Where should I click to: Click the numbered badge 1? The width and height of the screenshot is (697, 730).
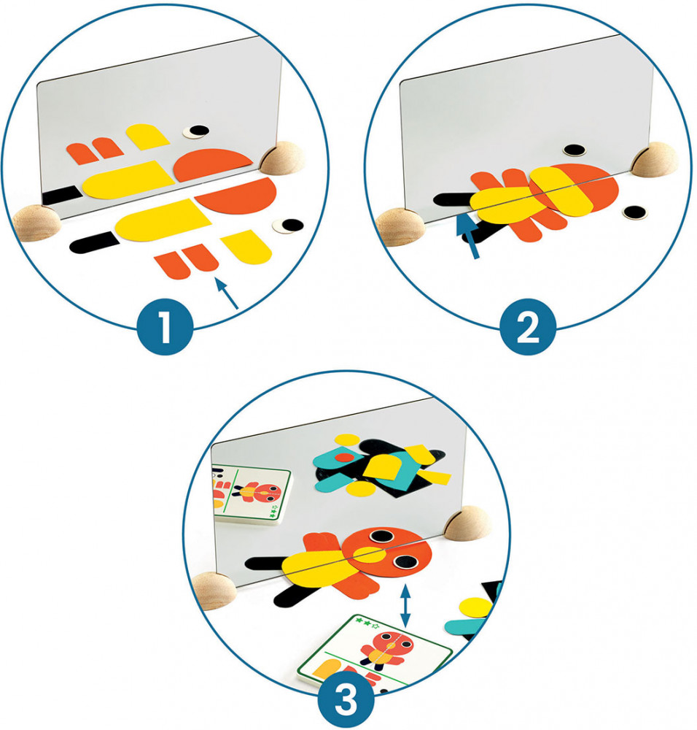pos(165,326)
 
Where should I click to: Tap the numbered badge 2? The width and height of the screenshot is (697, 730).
pos(528,326)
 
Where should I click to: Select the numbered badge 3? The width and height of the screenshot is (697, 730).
pos(346,700)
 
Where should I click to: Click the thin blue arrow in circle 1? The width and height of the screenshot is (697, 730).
pos(226,293)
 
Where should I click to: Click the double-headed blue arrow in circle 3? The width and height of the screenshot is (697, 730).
pos(405,606)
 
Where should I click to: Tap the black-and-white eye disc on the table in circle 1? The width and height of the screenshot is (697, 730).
pos(289,226)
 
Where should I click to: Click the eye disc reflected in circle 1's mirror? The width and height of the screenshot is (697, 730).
pos(195,131)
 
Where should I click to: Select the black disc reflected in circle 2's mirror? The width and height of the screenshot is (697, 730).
pos(575,150)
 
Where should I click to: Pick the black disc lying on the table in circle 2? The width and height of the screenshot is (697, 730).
pos(635,212)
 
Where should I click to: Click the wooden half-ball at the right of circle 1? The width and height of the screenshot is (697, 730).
pos(284,158)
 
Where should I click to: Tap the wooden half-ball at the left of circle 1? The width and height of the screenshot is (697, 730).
pos(37,223)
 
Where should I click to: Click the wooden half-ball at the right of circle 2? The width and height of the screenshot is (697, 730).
pos(655,160)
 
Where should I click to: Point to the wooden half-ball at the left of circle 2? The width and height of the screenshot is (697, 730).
pos(401,227)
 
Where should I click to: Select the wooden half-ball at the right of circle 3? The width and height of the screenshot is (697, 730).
pos(467,523)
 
